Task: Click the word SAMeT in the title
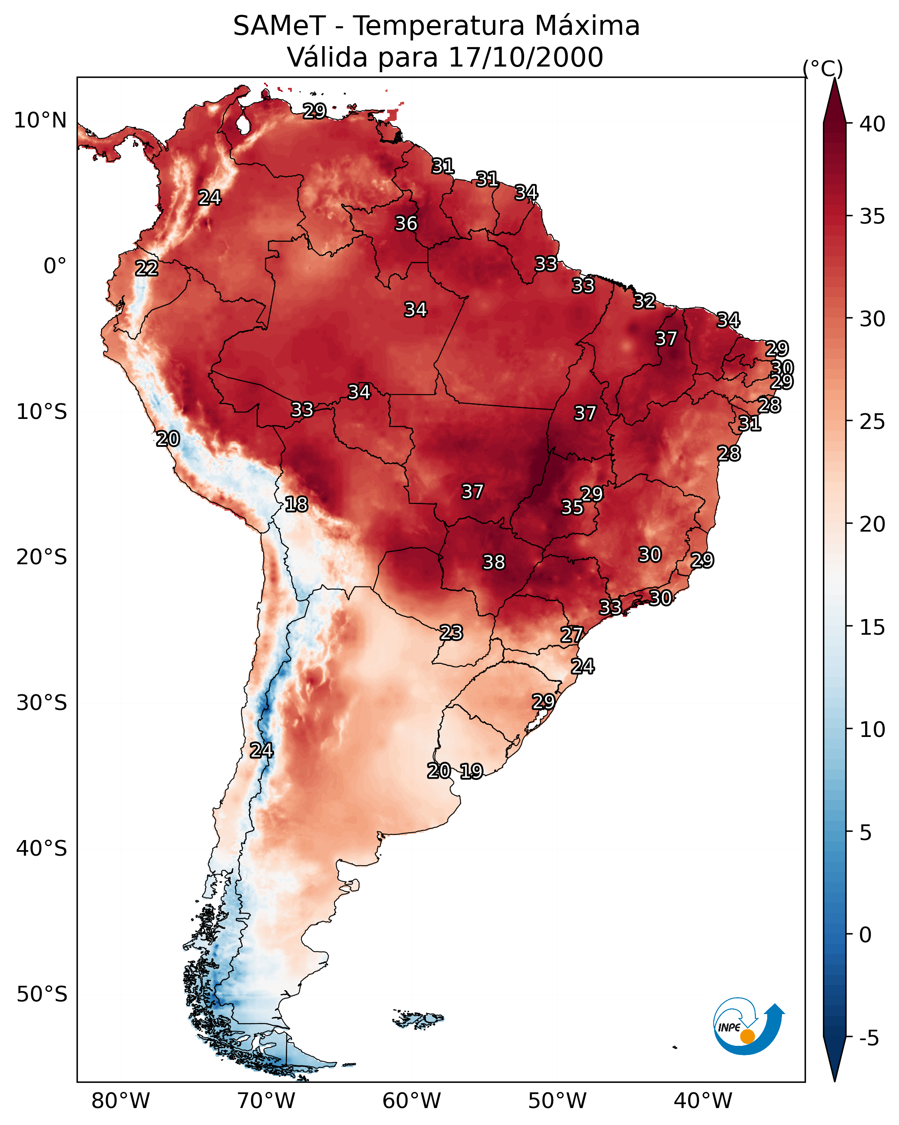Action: [279, 26]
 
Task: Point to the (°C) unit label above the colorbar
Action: [822, 69]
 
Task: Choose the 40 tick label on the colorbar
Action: [872, 124]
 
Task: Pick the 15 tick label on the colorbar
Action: [872, 627]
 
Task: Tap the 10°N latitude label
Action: [40, 121]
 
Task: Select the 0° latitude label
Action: [55, 266]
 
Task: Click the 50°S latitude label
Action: [42, 994]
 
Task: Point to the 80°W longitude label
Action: [120, 1101]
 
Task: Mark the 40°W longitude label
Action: [703, 1101]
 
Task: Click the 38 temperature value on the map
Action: [494, 562]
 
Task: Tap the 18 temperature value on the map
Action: [296, 504]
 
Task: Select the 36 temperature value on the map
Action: [406, 223]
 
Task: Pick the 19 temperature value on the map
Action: [471, 771]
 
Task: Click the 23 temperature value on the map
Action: [451, 633]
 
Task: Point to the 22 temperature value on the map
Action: [147, 268]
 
